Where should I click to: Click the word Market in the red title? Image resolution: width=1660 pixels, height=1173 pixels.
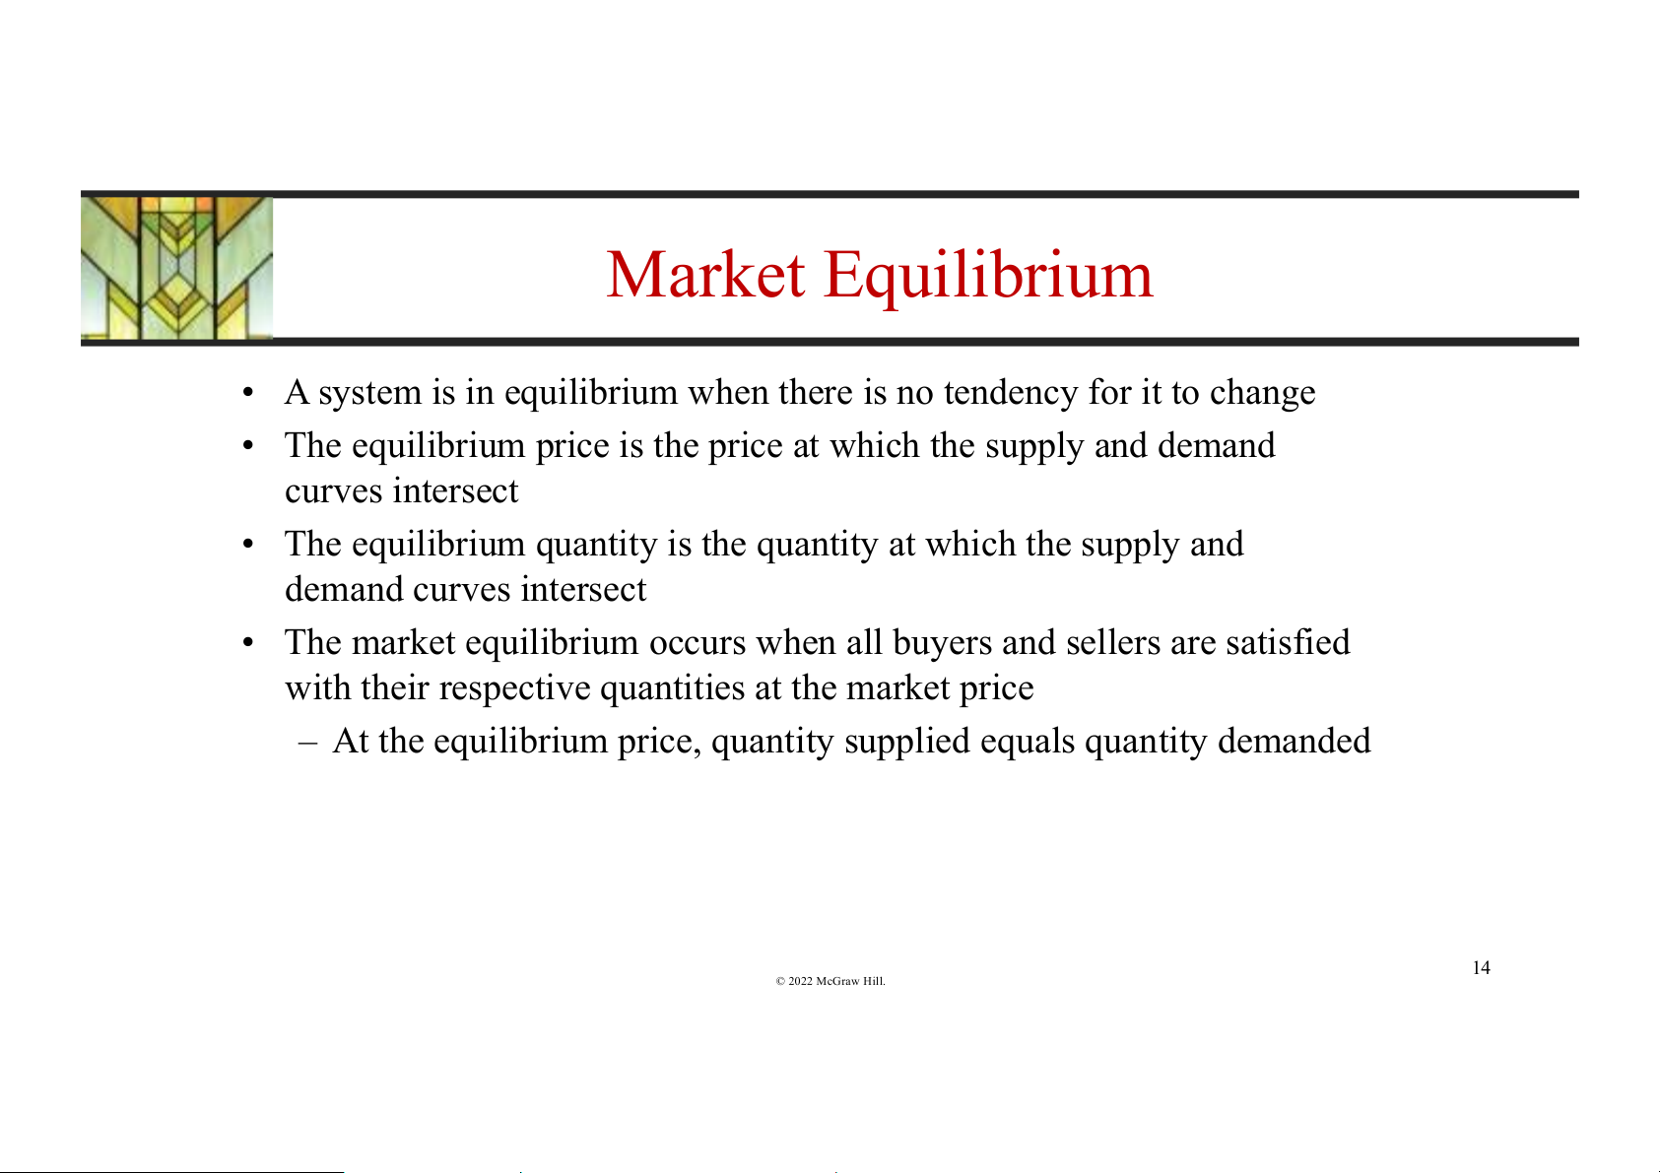coord(704,275)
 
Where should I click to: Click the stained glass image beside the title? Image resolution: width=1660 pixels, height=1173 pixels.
coord(176,268)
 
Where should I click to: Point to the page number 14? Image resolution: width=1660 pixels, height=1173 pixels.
coord(1481,968)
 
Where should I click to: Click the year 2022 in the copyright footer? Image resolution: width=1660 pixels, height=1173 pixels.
coord(800,981)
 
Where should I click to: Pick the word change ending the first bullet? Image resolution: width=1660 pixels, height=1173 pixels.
coord(1262,393)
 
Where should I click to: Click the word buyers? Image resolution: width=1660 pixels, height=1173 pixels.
coord(943,643)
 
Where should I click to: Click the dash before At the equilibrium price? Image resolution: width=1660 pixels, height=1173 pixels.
coord(307,743)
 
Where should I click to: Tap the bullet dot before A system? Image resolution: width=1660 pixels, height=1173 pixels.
coord(248,394)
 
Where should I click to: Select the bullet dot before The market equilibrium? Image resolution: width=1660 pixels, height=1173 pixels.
coord(248,643)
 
